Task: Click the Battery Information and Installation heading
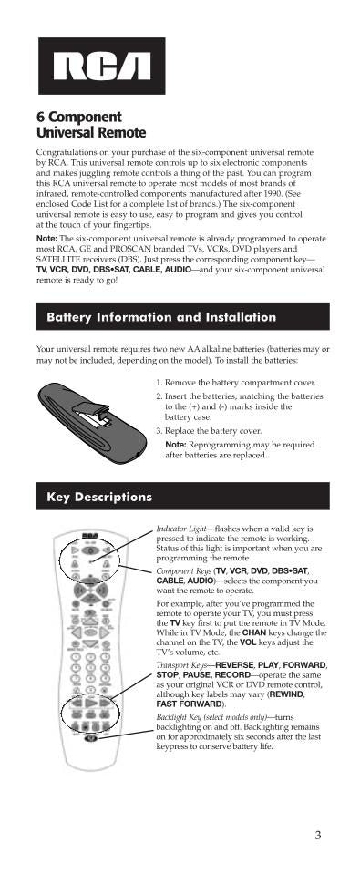coord(160,318)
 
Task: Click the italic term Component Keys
coord(183,570)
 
